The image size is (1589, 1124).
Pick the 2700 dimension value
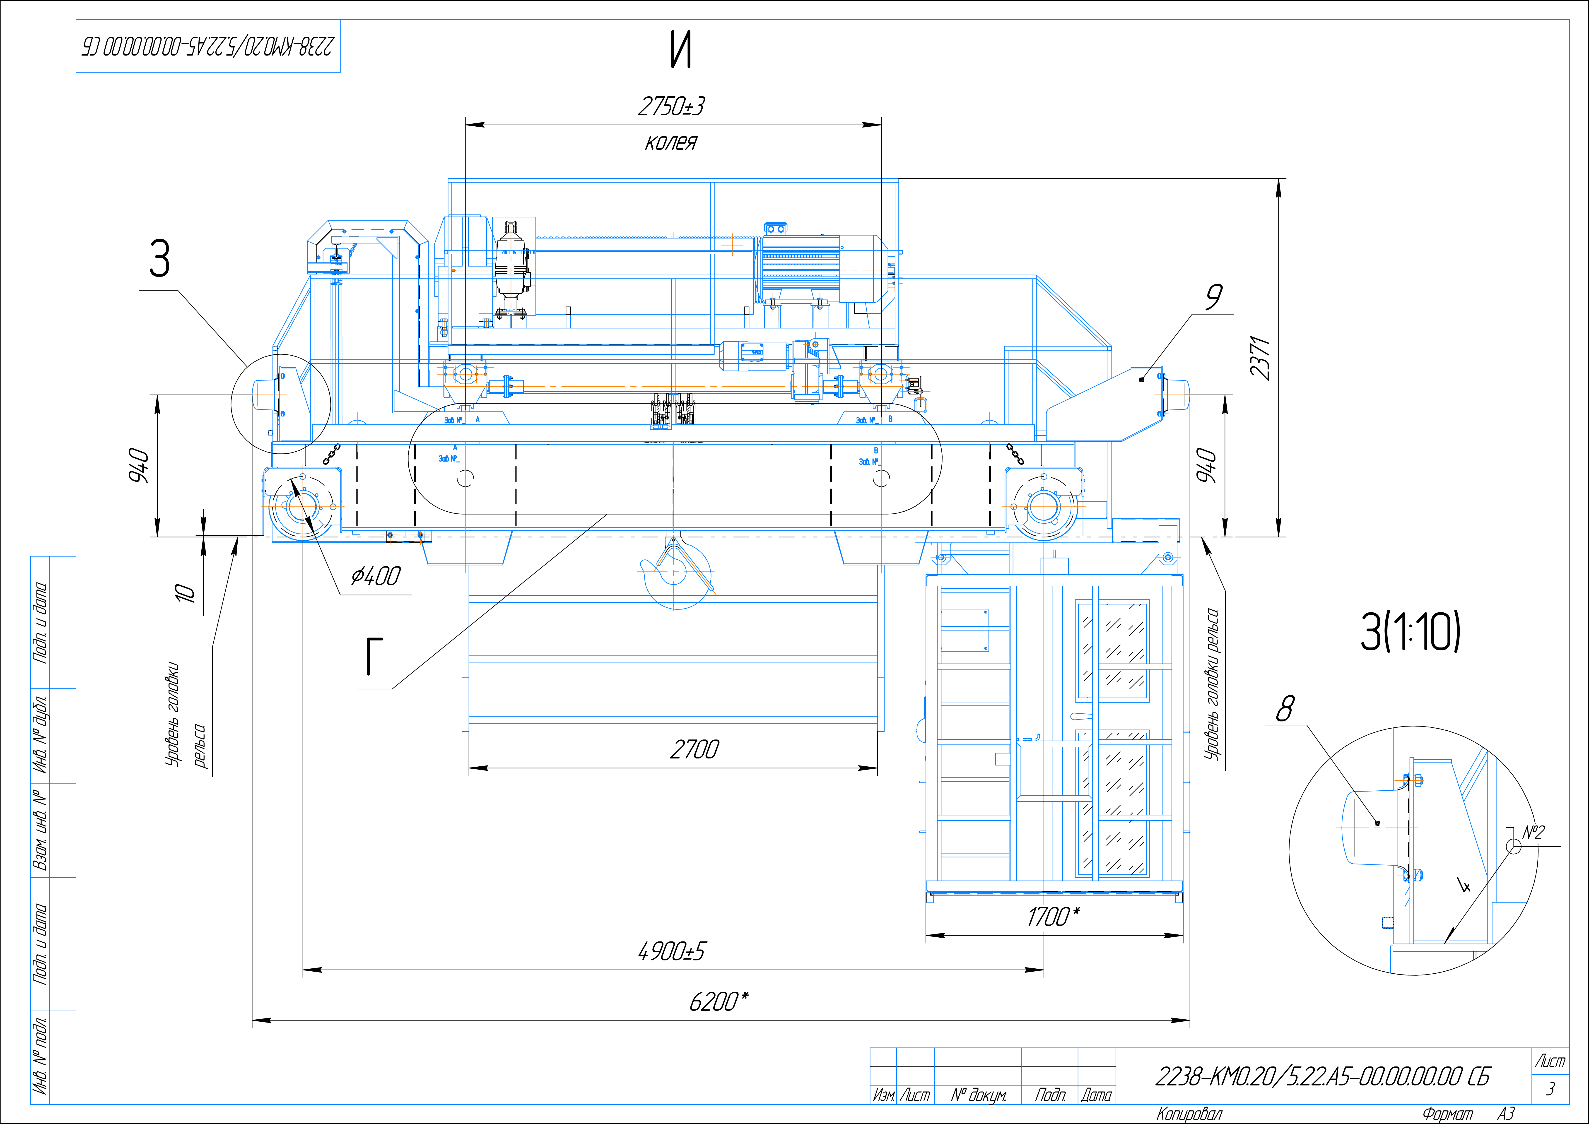[694, 749]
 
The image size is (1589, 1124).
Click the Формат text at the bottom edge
[1448, 1114]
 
